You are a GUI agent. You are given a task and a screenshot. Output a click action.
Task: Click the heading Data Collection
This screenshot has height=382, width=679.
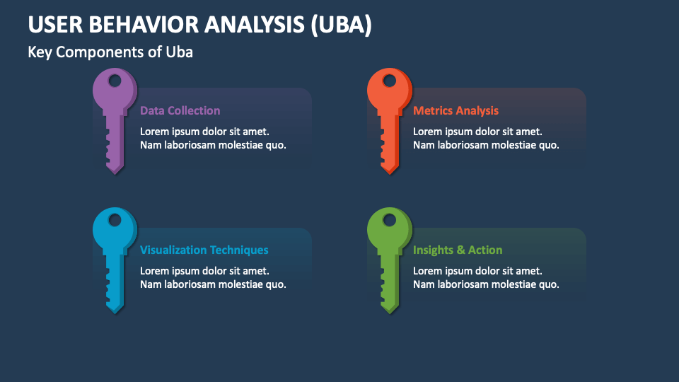tap(180, 110)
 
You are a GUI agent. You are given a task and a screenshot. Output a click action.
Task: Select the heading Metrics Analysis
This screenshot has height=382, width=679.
tap(455, 110)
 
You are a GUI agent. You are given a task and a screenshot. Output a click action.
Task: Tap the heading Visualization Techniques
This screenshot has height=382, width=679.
tap(204, 250)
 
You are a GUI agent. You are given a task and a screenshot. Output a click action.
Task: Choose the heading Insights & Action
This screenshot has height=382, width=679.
tap(458, 250)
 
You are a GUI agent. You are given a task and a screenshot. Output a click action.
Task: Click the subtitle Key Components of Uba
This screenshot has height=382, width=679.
tap(110, 52)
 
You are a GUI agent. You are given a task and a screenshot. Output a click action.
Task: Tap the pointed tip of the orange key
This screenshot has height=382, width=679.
tap(388, 172)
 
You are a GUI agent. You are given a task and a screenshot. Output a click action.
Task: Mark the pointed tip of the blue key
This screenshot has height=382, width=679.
tap(114, 312)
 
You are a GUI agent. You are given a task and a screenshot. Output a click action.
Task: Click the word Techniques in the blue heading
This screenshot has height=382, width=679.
tap(238, 250)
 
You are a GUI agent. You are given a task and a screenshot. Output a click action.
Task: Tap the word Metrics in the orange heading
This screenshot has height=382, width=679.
tap(433, 110)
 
